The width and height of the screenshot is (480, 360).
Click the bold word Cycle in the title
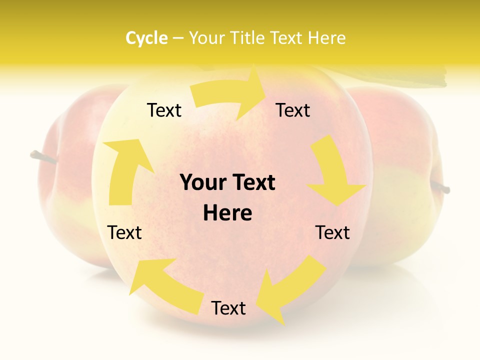point(146,38)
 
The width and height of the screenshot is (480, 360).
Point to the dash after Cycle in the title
point(177,38)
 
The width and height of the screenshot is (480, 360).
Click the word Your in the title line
point(205,38)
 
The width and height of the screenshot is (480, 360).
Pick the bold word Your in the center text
point(201,183)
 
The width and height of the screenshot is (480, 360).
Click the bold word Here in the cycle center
point(227,213)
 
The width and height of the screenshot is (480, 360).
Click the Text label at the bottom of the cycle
point(228,308)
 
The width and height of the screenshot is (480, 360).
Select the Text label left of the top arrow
point(164,110)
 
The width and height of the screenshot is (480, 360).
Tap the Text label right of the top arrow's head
point(293,110)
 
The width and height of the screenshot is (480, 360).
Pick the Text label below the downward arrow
point(332,232)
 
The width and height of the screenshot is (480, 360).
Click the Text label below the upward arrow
point(124,232)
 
